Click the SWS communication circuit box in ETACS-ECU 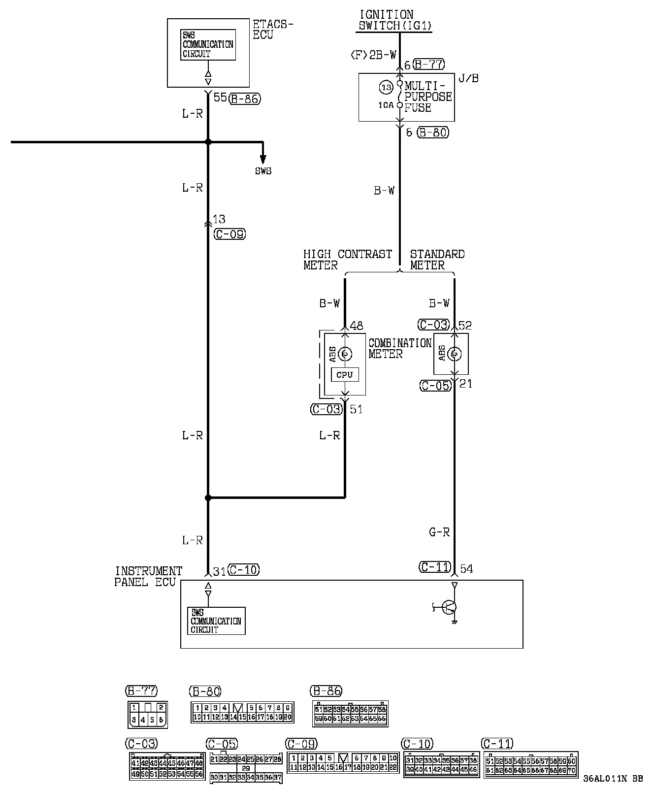click(x=208, y=45)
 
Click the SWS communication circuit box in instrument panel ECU click(x=216, y=621)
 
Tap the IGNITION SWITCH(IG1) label click(x=394, y=20)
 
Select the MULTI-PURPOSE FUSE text click(x=428, y=97)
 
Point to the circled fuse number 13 click(x=387, y=88)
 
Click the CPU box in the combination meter click(x=345, y=375)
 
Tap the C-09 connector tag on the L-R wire click(x=229, y=234)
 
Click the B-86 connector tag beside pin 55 click(x=245, y=99)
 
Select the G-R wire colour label click(x=439, y=532)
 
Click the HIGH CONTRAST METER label click(x=347, y=260)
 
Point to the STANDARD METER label click(x=437, y=260)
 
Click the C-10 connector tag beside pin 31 click(x=244, y=570)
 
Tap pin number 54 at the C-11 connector click(x=466, y=569)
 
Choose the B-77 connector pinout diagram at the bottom click(x=147, y=715)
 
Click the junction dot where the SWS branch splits click(x=208, y=142)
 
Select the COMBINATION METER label click(x=399, y=348)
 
